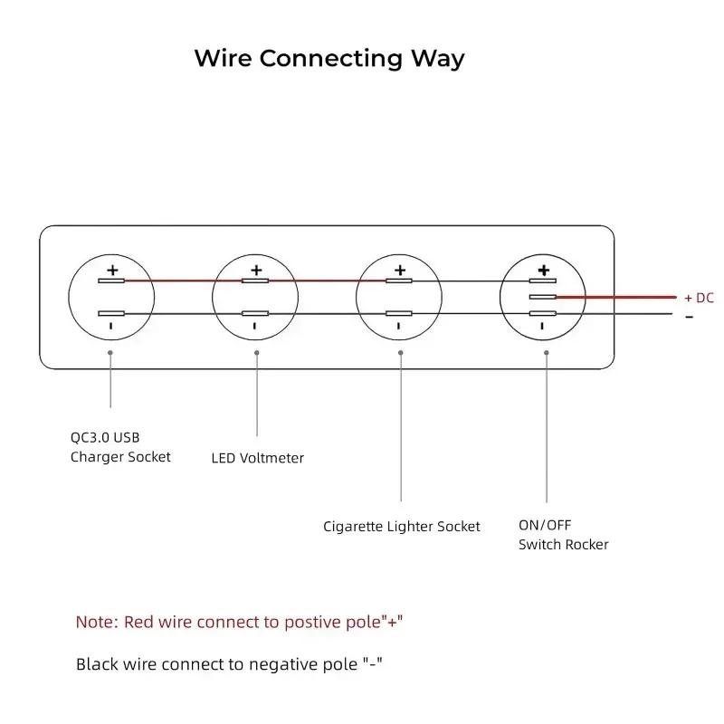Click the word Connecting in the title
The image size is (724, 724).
coord(330,59)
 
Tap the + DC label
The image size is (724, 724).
coord(699,298)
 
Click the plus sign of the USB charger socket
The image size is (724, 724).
coord(112,270)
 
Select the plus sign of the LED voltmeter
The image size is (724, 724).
coord(256,270)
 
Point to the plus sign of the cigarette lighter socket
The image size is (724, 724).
coord(400,270)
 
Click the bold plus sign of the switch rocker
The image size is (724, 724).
coord(544,270)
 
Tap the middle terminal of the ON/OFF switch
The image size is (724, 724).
coord(542,297)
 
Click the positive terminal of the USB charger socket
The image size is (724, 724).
coord(111,281)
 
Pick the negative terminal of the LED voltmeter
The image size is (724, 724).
coord(255,313)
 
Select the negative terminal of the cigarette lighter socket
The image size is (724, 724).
coord(399,313)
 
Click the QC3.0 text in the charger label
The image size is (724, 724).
coord(90,437)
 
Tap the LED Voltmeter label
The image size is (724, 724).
coord(258,458)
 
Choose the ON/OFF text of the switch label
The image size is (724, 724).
coord(545,525)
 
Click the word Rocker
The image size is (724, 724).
coord(587,545)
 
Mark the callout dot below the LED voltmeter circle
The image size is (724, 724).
coord(257,353)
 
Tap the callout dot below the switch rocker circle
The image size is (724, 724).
coord(547,353)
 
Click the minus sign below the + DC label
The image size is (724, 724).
coord(690,317)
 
